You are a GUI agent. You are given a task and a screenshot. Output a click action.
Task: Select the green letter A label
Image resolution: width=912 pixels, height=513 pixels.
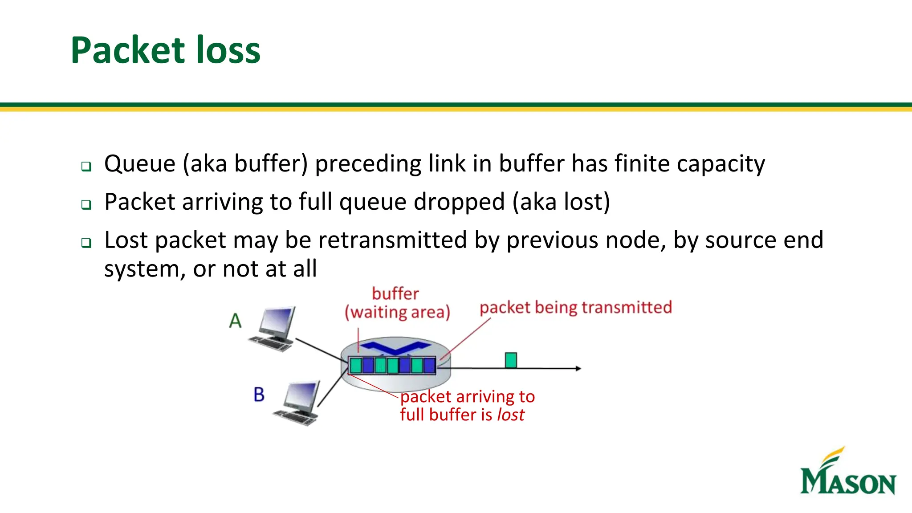[x=235, y=321]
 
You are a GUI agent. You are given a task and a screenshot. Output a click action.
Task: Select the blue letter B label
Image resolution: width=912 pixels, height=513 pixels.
[x=259, y=395]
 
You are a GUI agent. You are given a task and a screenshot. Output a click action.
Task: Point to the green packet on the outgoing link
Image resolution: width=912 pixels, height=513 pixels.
[x=511, y=360]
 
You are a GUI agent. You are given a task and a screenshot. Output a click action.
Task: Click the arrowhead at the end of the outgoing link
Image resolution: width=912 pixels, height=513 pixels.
[x=578, y=368]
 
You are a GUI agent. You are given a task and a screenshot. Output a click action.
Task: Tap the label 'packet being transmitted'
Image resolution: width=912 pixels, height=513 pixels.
[x=575, y=308]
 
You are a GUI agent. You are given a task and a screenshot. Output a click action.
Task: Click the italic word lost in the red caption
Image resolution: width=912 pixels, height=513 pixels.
[x=511, y=415]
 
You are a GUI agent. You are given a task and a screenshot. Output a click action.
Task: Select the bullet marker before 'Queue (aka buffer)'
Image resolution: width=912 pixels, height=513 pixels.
[x=86, y=167]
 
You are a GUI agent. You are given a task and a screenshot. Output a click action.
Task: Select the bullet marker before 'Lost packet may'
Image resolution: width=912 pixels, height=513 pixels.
[x=86, y=243]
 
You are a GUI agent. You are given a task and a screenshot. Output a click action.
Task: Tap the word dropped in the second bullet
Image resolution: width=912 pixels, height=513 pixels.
[x=459, y=202]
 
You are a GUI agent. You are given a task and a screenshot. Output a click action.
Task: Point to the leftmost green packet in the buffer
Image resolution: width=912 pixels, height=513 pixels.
[x=356, y=366]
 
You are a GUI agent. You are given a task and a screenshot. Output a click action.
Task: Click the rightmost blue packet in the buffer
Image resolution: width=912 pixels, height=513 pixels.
[x=429, y=366]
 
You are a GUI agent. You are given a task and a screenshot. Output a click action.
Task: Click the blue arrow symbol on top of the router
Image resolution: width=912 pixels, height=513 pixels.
[x=395, y=346]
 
